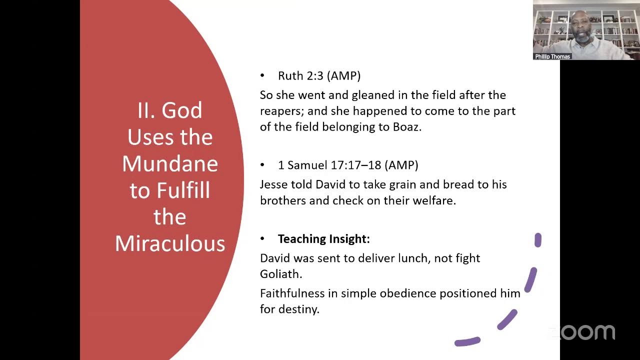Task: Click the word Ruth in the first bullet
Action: pyautogui.click(x=289, y=76)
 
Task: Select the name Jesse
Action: pyautogui.click(x=273, y=184)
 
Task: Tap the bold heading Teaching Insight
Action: pyautogui.click(x=323, y=239)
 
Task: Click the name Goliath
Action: pyautogui.click(x=280, y=274)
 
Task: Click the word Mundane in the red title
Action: pyautogui.click(x=170, y=164)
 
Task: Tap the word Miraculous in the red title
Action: pyautogui.click(x=170, y=243)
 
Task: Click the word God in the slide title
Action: pyautogui.click(x=181, y=110)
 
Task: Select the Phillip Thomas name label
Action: pyautogui.click(x=552, y=56)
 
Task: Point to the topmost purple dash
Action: pyautogui.click(x=537, y=240)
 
